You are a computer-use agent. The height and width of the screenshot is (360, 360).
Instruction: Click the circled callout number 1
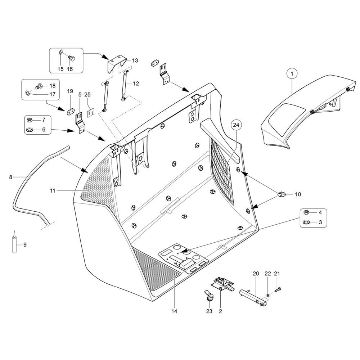(x=292, y=73)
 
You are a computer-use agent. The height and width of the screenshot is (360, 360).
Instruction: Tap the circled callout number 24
(x=237, y=125)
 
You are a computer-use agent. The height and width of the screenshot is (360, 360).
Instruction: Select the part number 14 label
(x=174, y=311)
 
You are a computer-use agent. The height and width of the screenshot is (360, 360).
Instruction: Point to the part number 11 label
(x=53, y=191)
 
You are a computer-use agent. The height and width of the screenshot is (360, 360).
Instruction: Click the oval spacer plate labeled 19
(x=70, y=109)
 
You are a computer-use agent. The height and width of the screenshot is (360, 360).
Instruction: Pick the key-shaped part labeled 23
(x=209, y=296)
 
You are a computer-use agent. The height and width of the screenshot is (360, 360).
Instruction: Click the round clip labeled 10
(x=282, y=194)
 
